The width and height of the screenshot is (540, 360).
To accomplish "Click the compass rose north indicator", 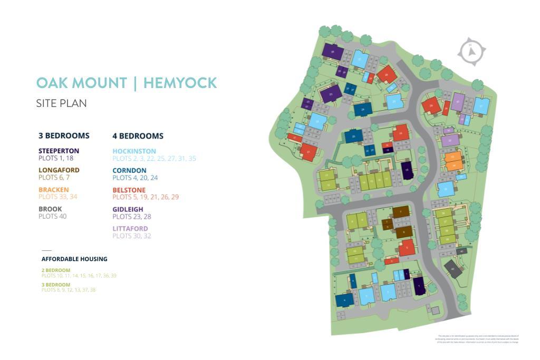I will (471, 51).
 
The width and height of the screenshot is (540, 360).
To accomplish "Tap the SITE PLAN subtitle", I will (61, 103).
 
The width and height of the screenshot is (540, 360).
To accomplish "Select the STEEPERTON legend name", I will (59, 151).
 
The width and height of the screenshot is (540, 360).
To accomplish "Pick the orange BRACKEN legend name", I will (53, 190).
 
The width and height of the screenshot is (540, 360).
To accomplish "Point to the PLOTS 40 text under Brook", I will (52, 216).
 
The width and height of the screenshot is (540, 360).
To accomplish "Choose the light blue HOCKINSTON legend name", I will (134, 151).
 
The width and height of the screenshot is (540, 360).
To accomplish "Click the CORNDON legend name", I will (129, 171).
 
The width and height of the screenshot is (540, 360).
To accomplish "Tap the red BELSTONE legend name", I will (129, 190).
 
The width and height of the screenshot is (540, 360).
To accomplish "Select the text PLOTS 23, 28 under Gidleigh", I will (132, 217).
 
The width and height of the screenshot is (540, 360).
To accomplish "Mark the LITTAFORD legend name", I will (130, 229).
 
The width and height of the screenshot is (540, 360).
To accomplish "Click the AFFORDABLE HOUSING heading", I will (74, 259).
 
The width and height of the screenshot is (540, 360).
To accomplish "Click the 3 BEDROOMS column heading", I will (64, 135).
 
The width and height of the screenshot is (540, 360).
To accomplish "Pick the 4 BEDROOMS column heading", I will (138, 136).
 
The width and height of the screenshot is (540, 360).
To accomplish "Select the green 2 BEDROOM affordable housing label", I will (55, 270).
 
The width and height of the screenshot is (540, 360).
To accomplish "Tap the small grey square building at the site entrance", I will (435, 310).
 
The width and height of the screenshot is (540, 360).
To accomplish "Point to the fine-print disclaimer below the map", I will (478, 339).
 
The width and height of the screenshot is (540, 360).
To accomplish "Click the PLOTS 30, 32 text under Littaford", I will (132, 236).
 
